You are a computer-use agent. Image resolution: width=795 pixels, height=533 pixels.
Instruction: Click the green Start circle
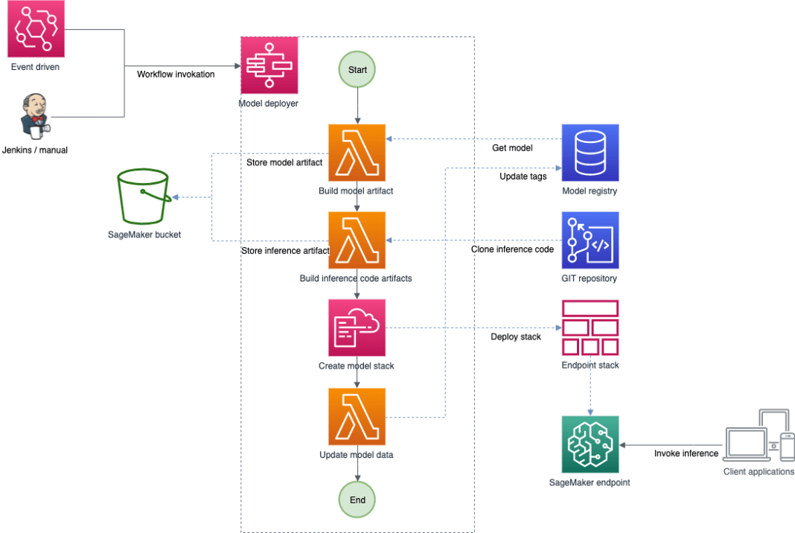(x=357, y=70)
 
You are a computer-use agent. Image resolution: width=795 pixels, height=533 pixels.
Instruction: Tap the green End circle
(x=357, y=500)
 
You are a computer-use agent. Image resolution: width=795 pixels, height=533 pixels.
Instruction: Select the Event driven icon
(x=36, y=29)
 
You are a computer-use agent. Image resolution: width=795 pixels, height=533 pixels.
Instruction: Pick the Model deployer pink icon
(x=269, y=65)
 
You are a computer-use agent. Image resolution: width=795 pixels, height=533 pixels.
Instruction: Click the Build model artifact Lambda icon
(x=357, y=153)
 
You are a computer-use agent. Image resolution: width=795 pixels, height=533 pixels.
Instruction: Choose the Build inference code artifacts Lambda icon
(x=357, y=240)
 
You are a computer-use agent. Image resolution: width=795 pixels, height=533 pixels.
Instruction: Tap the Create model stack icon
(x=357, y=328)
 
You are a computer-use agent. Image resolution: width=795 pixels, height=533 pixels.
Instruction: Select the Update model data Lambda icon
(x=357, y=416)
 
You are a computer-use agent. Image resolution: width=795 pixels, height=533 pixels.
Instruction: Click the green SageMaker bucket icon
(x=144, y=197)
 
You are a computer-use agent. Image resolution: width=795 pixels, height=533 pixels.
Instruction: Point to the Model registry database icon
(x=590, y=153)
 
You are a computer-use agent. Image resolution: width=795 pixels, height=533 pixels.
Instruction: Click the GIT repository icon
(x=590, y=240)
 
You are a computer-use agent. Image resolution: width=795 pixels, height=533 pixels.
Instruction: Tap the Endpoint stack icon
(x=590, y=328)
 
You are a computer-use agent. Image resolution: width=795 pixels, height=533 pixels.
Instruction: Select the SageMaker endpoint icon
(x=590, y=444)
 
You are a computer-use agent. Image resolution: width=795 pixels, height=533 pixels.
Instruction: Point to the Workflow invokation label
(x=176, y=74)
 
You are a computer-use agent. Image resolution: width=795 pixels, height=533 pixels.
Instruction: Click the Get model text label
(x=512, y=148)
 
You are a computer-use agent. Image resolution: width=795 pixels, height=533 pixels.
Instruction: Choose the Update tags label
(x=523, y=176)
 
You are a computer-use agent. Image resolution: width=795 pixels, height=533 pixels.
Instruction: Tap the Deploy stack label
(x=516, y=336)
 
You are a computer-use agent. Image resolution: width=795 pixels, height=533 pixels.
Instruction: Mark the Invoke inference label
(x=686, y=453)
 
